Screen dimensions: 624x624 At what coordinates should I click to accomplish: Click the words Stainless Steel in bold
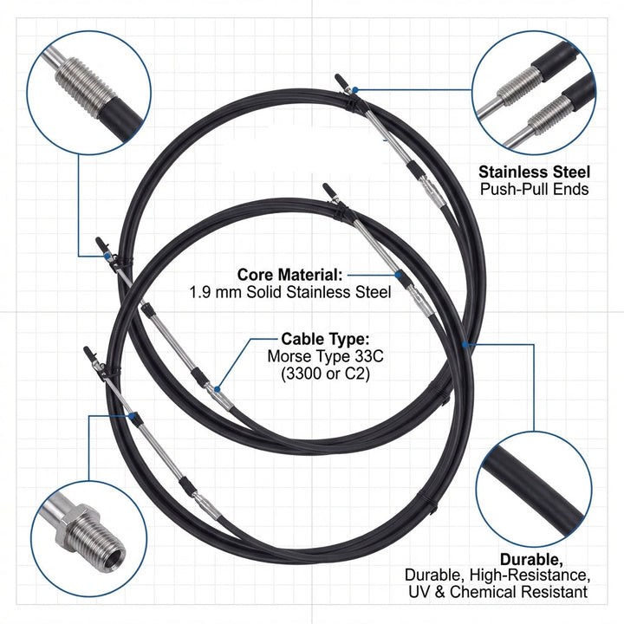534,172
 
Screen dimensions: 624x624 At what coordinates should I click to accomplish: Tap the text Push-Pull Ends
534,188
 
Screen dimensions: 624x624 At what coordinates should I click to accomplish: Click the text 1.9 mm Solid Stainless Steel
289,292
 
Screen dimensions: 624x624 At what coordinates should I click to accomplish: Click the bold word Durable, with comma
530,559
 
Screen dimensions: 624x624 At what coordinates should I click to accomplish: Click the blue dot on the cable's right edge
466,344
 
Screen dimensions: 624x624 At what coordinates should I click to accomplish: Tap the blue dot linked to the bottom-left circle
134,417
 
